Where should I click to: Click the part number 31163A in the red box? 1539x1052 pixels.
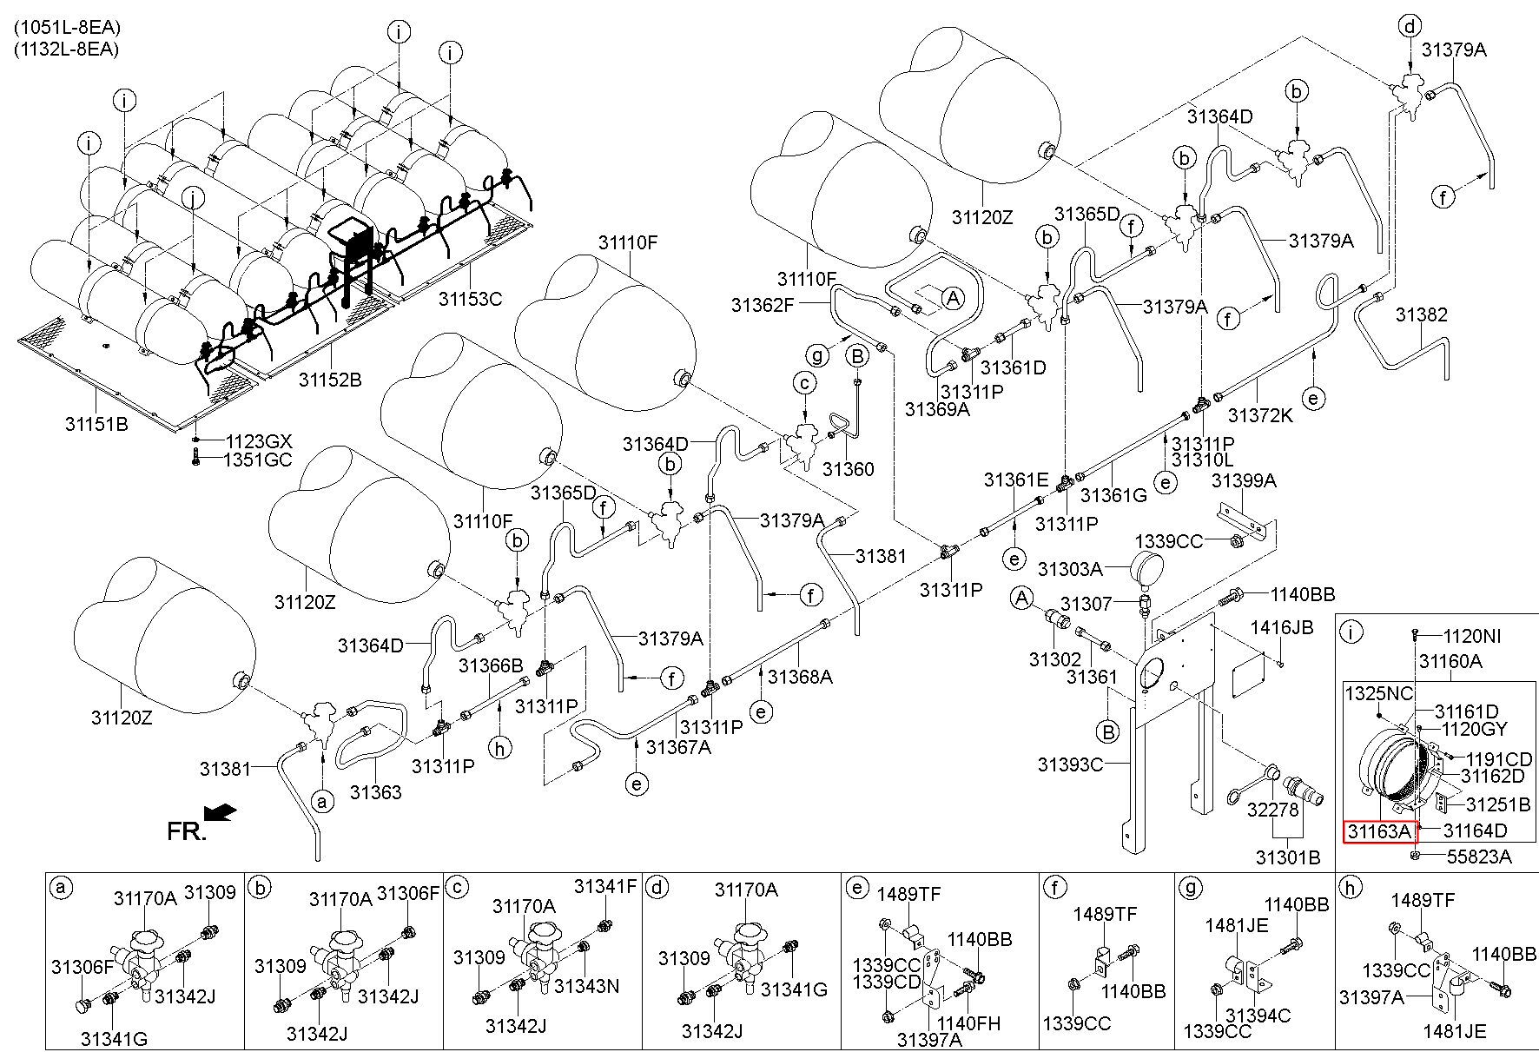pos(1380,831)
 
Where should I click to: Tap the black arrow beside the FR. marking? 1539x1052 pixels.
pos(221,811)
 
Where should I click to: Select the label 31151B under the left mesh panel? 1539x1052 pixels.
pos(96,424)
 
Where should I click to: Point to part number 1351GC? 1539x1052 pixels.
pos(259,460)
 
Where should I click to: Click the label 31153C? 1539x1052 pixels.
pos(470,299)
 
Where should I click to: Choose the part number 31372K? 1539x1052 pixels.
pos(1260,415)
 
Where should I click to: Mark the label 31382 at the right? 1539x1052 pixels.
pos(1422,314)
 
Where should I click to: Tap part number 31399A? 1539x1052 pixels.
pos(1244,480)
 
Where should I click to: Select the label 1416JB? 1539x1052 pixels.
pos(1281,627)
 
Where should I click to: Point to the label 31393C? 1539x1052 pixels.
pos(1070,764)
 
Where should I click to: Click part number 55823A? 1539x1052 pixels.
pos(1479,857)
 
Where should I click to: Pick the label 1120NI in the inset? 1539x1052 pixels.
pos(1472,636)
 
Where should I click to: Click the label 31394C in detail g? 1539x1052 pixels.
pos(1258,1015)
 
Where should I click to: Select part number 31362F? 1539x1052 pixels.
pos(763,304)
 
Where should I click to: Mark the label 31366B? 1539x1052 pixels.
pos(491,666)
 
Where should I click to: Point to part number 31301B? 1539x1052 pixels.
pos(1287,857)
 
